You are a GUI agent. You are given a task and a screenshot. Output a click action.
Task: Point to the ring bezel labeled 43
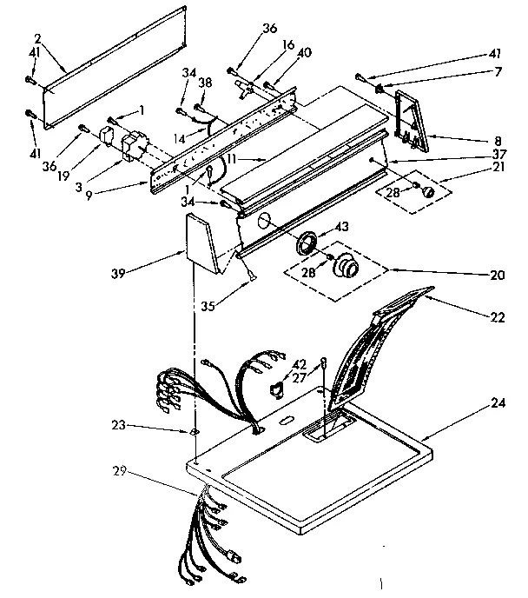point(306,243)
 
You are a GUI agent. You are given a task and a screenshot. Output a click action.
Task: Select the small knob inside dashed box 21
point(426,191)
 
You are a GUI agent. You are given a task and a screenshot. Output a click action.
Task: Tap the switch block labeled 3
point(134,145)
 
